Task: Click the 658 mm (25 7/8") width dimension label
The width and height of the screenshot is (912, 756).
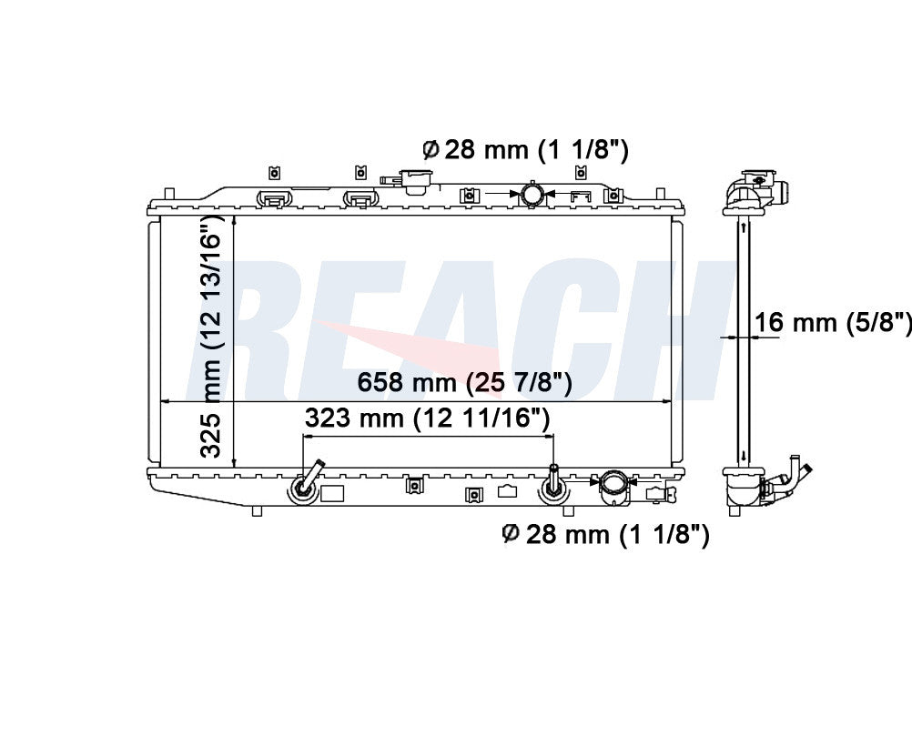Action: coord(464,383)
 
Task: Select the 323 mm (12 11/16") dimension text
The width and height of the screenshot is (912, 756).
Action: coord(428,418)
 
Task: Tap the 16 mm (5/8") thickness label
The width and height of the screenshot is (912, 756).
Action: coord(833,321)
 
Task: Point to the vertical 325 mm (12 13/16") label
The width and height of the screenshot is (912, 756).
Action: coord(212,336)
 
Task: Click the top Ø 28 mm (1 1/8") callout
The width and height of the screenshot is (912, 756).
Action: coord(525,150)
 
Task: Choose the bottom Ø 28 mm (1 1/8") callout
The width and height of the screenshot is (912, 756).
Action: coord(605,534)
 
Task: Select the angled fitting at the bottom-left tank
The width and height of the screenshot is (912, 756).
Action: coord(305,484)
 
